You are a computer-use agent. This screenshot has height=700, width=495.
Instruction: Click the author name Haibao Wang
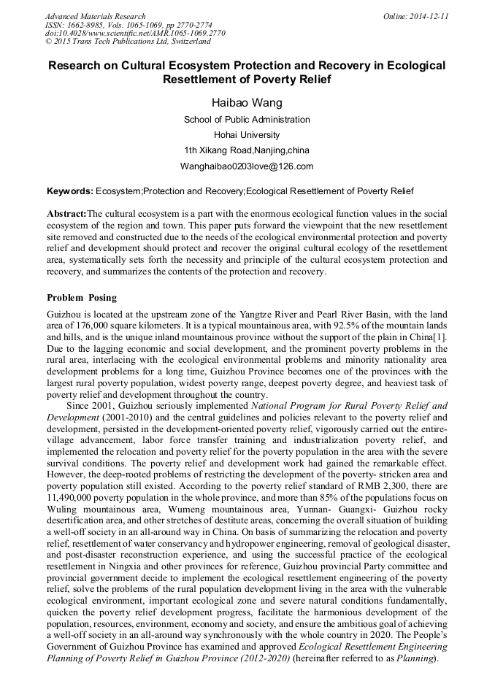click(x=247, y=102)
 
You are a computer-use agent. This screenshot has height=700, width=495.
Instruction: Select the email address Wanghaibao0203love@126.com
click(x=247, y=166)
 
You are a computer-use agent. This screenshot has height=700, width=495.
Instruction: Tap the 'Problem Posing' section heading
click(x=81, y=298)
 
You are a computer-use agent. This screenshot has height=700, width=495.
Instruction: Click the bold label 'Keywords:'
click(x=70, y=191)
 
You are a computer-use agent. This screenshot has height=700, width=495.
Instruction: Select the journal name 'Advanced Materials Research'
click(x=96, y=16)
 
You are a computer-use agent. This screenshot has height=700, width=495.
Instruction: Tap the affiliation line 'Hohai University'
click(x=247, y=135)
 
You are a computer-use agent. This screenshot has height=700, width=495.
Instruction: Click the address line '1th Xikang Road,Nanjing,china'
click(x=247, y=150)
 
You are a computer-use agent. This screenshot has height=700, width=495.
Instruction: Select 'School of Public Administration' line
click(x=247, y=120)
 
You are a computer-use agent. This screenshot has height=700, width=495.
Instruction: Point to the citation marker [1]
click(x=441, y=338)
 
